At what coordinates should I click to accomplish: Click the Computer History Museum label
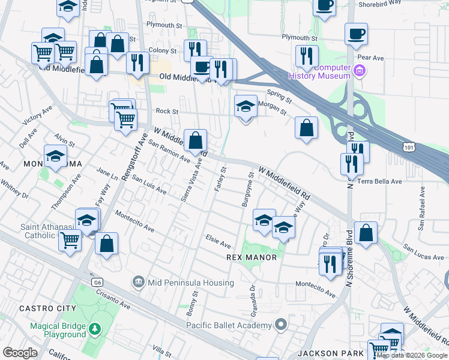coord(319,72)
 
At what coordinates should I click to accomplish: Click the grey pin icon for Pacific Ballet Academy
coord(280,325)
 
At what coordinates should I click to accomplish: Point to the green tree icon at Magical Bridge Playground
coord(94,329)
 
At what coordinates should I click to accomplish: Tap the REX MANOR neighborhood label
coord(252,257)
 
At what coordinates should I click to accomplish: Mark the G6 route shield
coord(97,281)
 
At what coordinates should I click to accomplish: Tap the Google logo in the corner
coord(20,352)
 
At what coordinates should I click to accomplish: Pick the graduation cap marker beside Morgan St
coord(245,107)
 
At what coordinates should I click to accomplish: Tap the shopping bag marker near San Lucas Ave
coord(366,232)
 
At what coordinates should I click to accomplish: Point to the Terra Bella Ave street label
coord(379,181)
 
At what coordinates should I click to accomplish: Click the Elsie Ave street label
coord(218,244)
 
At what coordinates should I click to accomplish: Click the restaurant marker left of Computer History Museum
coord(307,56)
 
